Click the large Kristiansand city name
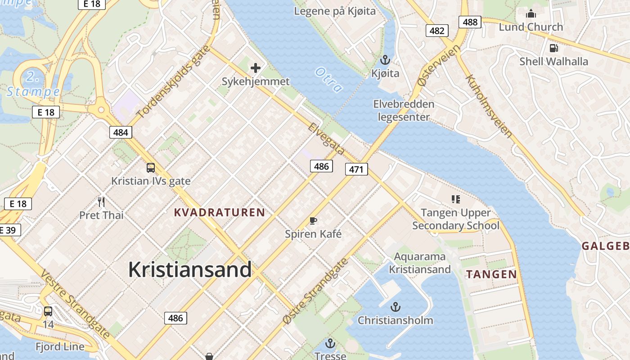coord(189,270)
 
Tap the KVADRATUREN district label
coord(220,212)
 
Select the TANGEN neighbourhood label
coord(491,274)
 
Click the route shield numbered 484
coord(121,132)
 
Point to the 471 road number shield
coord(356,169)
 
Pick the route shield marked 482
coord(436,31)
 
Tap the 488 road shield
coord(470,22)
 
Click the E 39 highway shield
coord(8,230)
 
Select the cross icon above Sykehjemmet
coord(256,68)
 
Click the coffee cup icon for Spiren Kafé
coord(313,220)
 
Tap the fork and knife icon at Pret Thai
coord(101,202)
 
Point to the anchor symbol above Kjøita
coord(385,59)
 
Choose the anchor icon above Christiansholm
coord(395,307)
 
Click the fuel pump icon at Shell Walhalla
coord(553,48)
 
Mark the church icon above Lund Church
coord(531,13)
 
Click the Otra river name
coord(328,80)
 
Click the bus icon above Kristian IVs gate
coord(151,168)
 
